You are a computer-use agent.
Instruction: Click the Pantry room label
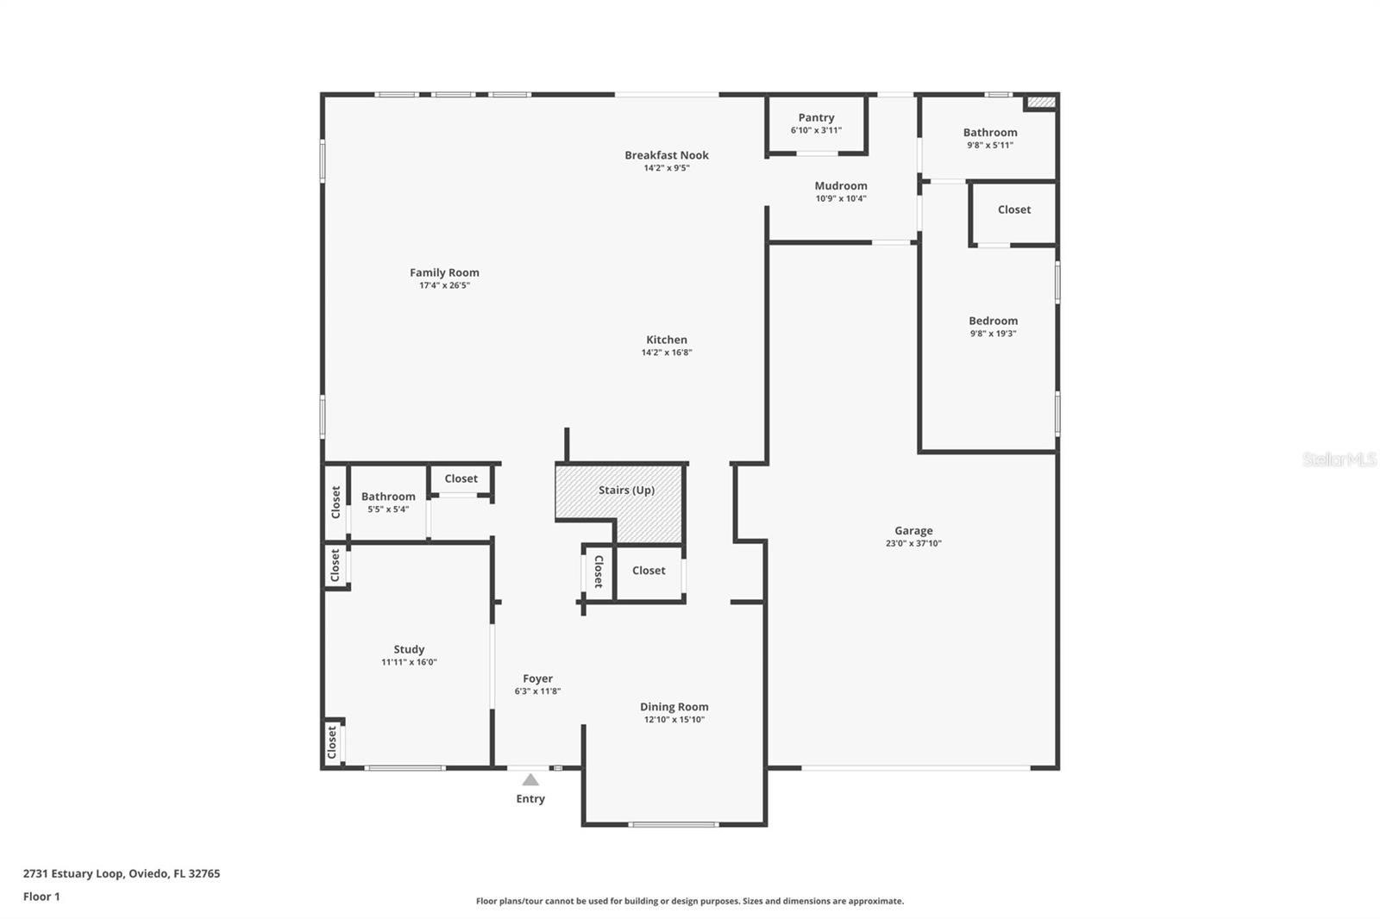click(816, 117)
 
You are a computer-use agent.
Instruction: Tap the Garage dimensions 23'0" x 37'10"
click(913, 544)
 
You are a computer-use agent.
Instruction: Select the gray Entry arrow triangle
click(530, 779)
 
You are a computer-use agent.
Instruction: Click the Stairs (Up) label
click(626, 490)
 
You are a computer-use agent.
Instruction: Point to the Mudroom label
click(841, 185)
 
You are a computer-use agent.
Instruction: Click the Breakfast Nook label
click(667, 155)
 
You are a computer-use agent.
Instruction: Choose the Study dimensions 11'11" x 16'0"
click(409, 662)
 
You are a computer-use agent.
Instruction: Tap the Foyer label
click(537, 678)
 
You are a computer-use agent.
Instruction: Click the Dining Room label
click(674, 707)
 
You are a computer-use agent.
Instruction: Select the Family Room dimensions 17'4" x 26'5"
click(444, 285)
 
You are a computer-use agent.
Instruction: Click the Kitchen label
click(667, 340)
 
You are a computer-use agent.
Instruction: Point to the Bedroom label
click(993, 321)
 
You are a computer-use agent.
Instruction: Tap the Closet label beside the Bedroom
click(1014, 209)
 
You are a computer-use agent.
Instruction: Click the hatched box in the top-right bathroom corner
click(1041, 103)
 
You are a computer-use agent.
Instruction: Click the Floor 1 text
click(41, 897)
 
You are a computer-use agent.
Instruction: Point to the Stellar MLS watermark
click(1339, 459)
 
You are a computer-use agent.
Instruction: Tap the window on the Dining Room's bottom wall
click(674, 824)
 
